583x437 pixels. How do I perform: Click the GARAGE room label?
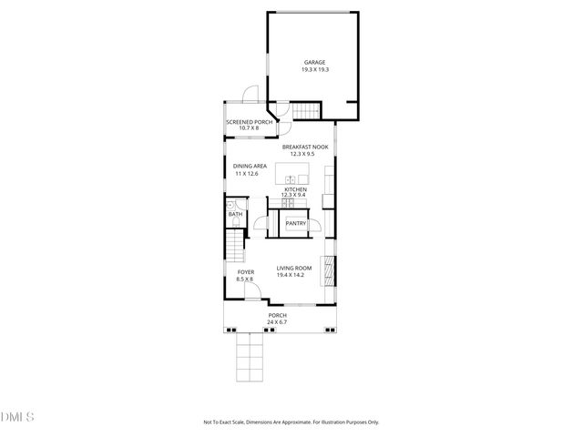315,63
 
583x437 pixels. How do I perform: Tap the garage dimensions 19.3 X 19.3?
315,70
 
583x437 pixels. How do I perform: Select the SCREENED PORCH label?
250,122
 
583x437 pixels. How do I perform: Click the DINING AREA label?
249,167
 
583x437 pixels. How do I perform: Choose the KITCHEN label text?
295,189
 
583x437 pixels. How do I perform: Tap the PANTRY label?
296,223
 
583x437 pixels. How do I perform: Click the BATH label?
235,214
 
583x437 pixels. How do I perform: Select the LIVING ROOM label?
294,268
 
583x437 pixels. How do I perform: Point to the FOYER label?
246,272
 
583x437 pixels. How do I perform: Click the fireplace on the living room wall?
331,270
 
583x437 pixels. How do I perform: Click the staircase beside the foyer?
236,245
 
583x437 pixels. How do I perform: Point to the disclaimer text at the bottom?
291,422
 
